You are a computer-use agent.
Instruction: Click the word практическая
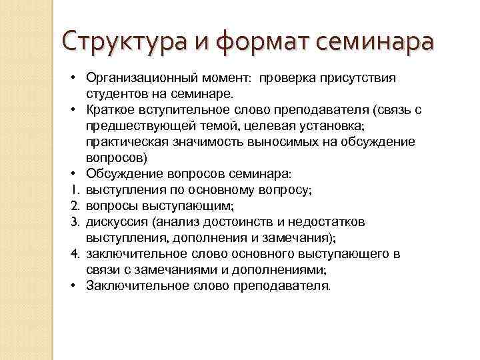pos(125,141)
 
